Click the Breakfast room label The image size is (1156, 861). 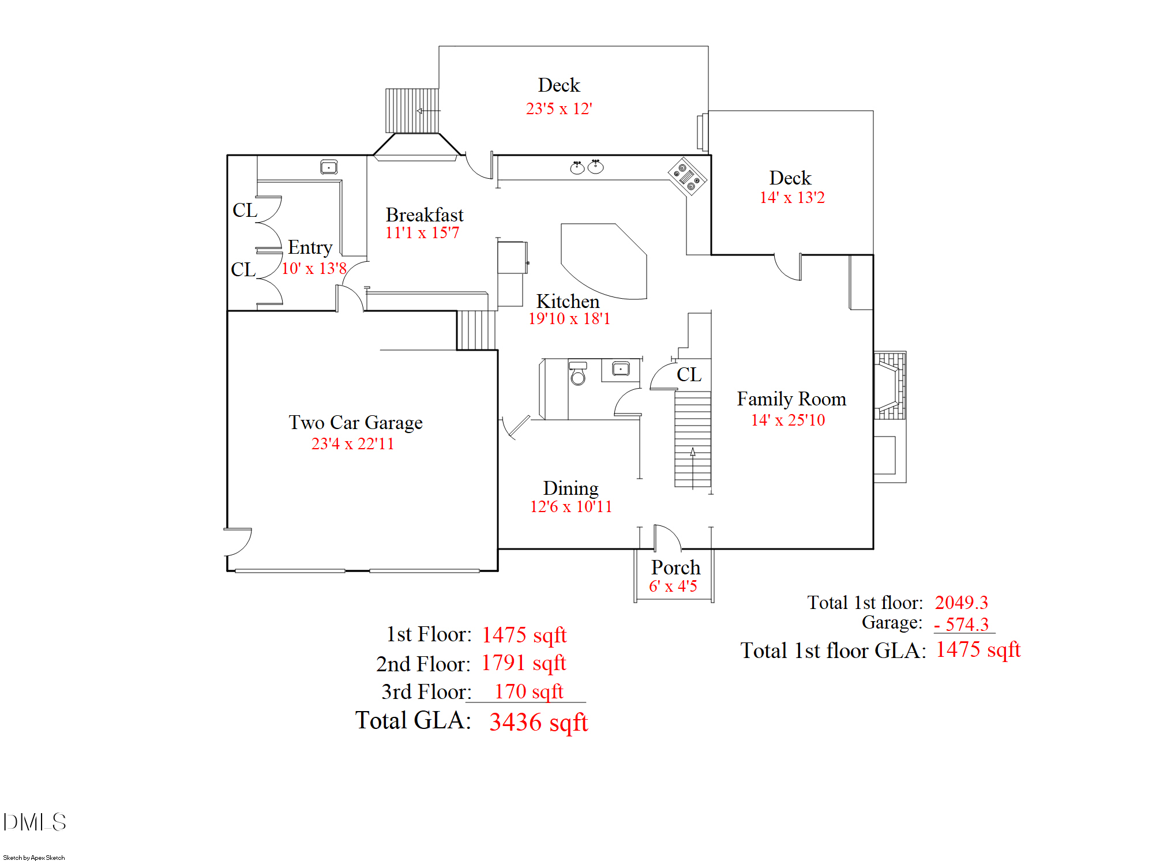(x=424, y=215)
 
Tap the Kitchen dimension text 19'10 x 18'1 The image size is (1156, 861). (x=569, y=319)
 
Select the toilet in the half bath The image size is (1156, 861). (x=577, y=375)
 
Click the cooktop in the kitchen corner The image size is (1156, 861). (x=687, y=176)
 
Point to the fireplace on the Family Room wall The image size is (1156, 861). (x=889, y=385)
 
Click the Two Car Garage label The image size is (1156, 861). (x=355, y=423)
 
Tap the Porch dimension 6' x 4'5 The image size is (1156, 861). (x=673, y=586)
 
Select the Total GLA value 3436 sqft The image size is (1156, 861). (x=538, y=722)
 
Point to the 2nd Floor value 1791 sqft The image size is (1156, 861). (x=524, y=663)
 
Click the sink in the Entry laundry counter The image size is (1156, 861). (x=329, y=167)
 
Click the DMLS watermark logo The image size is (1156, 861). (x=35, y=822)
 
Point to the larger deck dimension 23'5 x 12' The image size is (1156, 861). (x=559, y=108)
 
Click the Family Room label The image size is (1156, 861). (x=791, y=399)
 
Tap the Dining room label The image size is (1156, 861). (x=571, y=488)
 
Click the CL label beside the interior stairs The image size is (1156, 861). (x=689, y=375)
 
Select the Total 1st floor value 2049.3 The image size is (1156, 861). (x=961, y=603)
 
